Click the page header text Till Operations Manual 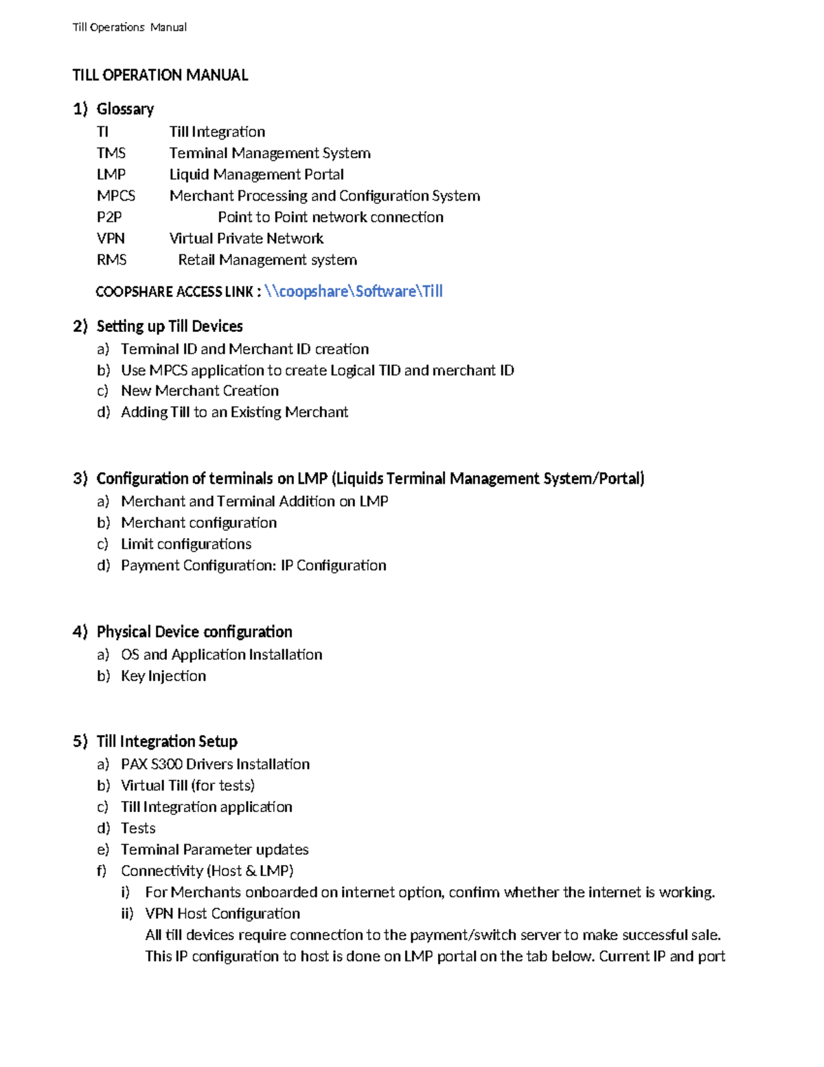[x=129, y=27]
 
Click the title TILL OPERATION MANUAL [x=160, y=76]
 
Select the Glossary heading [x=125, y=109]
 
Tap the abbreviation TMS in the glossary [x=111, y=153]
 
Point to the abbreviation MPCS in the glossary [x=115, y=196]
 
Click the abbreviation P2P [x=109, y=217]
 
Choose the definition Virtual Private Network [x=246, y=238]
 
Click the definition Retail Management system [x=267, y=260]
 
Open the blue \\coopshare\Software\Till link [x=353, y=291]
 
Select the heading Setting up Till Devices [x=169, y=326]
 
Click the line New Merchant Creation [x=199, y=391]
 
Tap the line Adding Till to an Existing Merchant [x=234, y=412]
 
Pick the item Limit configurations [x=185, y=544]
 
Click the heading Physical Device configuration [x=194, y=632]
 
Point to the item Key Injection [x=163, y=676]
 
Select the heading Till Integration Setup [x=166, y=741]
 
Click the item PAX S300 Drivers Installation [x=215, y=764]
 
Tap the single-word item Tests [x=138, y=828]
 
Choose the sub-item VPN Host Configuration [x=222, y=914]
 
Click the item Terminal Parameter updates [x=214, y=850]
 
